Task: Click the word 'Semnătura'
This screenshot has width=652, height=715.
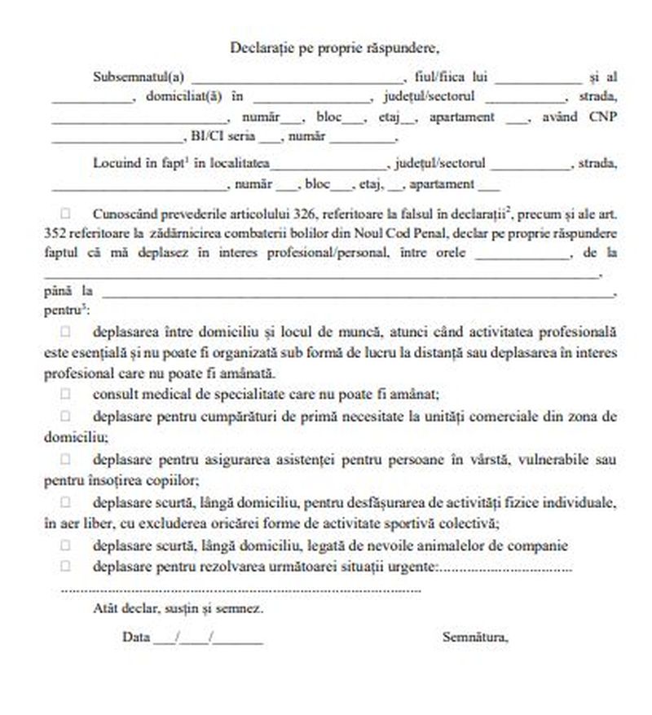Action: coord(476,636)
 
